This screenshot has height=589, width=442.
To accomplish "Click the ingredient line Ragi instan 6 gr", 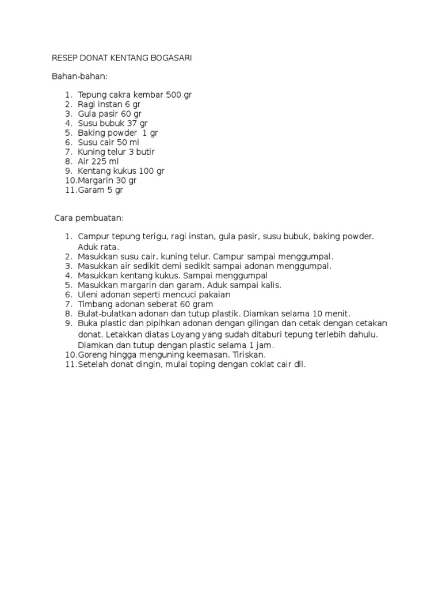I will click(x=109, y=105).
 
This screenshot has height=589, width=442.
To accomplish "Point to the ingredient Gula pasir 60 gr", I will click(x=109, y=114).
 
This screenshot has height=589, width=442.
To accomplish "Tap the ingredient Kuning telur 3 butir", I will click(x=116, y=152).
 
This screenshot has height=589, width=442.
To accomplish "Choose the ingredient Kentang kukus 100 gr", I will click(x=121, y=171).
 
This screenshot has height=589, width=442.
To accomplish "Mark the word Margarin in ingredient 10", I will click(x=96, y=181).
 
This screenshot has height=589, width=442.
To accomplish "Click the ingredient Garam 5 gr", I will click(x=100, y=190).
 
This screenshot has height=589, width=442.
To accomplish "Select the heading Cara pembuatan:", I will click(x=89, y=219).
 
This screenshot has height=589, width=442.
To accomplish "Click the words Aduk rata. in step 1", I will click(x=98, y=247).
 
